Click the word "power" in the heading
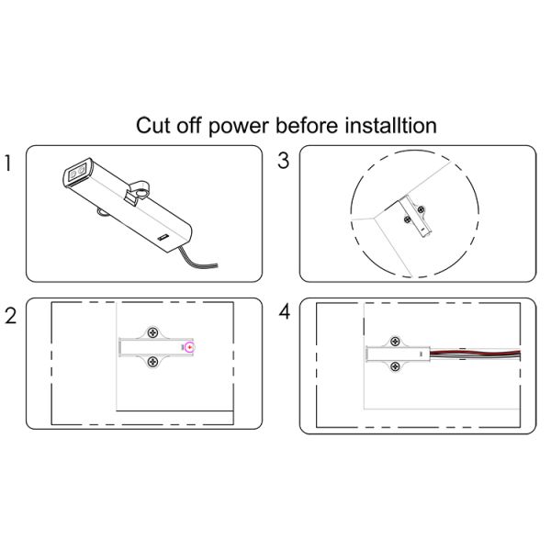tap(239, 127)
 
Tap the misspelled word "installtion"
tap(390, 125)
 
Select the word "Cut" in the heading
tap(153, 125)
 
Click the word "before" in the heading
tap(307, 125)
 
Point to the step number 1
tap(8, 163)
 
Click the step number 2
tap(10, 316)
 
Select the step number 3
tap(283, 161)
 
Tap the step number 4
tap(285, 311)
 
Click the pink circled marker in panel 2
tap(190, 347)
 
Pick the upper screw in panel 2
tap(152, 332)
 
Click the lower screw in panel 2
tap(152, 361)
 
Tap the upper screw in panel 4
tap(396, 341)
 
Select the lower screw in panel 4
tap(396, 366)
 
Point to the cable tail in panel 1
tap(197, 258)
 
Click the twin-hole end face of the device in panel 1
tap(76, 173)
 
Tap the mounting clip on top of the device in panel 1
tap(138, 193)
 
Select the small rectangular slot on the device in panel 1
tap(163, 237)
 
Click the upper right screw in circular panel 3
tap(421, 210)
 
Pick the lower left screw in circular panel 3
tap(407, 220)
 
